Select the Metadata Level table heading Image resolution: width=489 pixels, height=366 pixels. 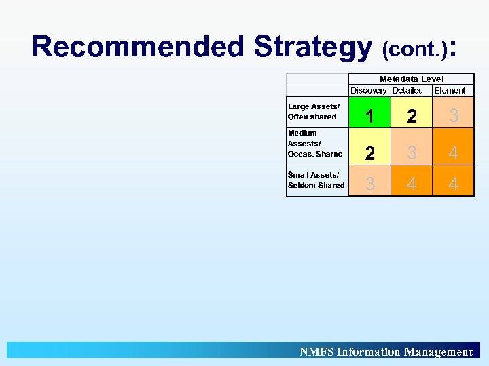[x=412, y=79]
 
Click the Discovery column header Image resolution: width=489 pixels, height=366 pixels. [x=369, y=90]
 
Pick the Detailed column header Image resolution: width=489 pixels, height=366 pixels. [x=407, y=90]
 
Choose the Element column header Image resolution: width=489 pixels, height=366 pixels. [x=450, y=90]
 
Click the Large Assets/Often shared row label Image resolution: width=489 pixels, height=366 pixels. [x=314, y=112]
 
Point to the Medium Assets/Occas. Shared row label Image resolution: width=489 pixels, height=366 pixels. [x=315, y=144]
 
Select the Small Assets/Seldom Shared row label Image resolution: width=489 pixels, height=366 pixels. [x=316, y=180]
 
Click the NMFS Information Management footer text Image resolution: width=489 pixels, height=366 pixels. [x=386, y=352]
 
